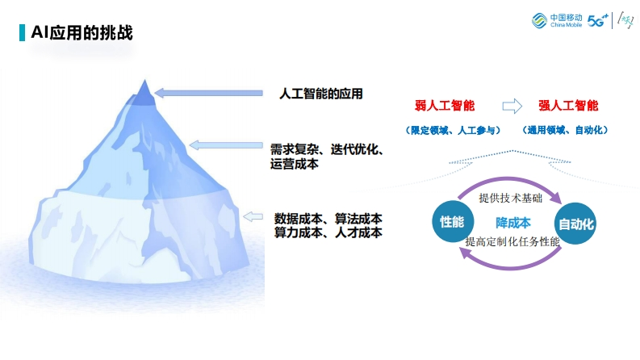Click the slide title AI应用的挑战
click(x=82, y=32)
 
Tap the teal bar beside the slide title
click(x=22, y=32)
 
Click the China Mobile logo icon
click(x=539, y=20)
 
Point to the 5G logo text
click(x=597, y=20)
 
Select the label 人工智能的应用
click(x=321, y=94)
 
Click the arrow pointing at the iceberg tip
click(x=208, y=94)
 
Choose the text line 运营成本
click(x=295, y=164)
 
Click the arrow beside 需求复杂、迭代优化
click(x=226, y=145)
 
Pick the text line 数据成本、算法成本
click(x=328, y=219)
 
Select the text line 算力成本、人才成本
click(x=328, y=232)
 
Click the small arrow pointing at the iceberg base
click(x=253, y=217)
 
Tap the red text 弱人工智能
click(x=445, y=106)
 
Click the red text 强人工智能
click(x=568, y=106)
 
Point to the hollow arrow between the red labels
click(x=512, y=106)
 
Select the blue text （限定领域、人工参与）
click(x=453, y=130)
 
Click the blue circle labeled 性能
click(x=453, y=222)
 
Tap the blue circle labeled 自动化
click(x=575, y=224)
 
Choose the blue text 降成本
click(x=513, y=223)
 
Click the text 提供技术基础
click(x=511, y=199)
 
